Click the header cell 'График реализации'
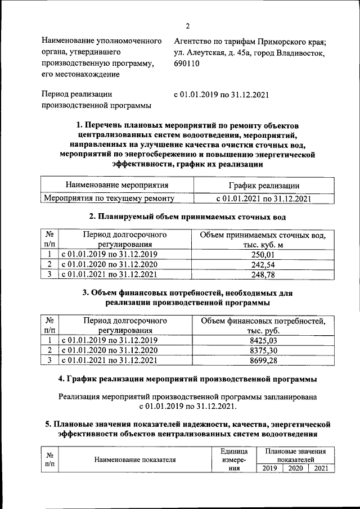263,185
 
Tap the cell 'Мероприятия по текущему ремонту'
109,198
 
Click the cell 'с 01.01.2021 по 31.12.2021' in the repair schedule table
263,198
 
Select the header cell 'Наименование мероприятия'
117,185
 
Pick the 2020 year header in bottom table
295,468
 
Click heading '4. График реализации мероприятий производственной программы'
188,377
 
